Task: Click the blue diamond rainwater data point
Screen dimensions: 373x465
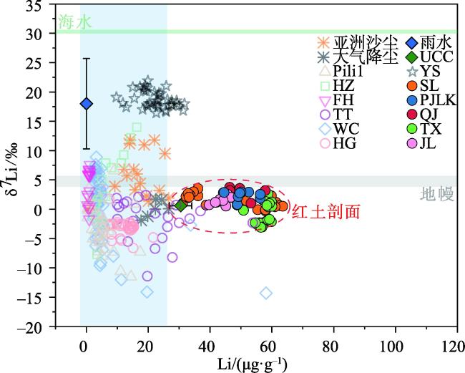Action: (86, 104)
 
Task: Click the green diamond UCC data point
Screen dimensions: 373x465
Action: (181, 206)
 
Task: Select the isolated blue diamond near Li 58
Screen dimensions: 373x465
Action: (266, 293)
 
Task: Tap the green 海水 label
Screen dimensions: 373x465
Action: (74, 22)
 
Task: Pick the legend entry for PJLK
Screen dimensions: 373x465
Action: (424, 101)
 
